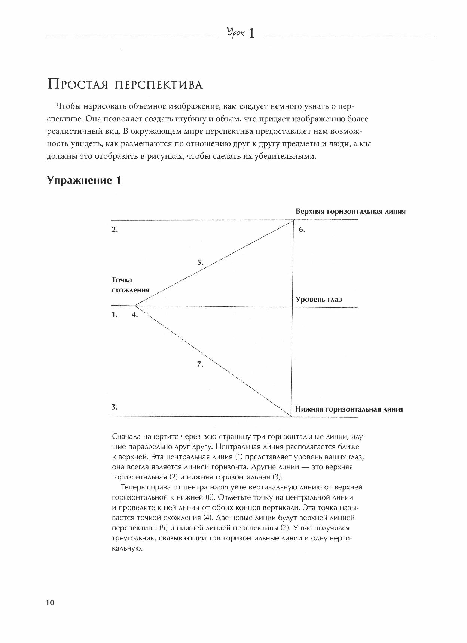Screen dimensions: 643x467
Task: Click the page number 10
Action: [x=50, y=603]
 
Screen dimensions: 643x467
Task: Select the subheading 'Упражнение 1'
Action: [x=84, y=181]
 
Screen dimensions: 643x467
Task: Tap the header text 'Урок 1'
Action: [x=241, y=34]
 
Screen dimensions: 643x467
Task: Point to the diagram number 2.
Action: [x=115, y=230]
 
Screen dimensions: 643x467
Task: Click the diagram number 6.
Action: [x=302, y=230]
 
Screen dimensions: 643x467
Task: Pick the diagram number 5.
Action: [x=200, y=263]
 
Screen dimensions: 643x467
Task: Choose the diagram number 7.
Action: [x=200, y=364]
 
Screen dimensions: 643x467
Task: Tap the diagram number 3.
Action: [x=115, y=407]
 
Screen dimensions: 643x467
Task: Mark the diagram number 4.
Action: [x=135, y=315]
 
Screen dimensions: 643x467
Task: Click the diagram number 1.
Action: [x=115, y=315]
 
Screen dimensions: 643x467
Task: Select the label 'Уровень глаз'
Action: [x=318, y=300]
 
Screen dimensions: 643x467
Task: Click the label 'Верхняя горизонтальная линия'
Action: [x=351, y=211]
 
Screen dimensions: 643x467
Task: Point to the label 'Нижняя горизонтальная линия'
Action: [x=349, y=409]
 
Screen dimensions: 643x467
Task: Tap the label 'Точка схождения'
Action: [x=130, y=285]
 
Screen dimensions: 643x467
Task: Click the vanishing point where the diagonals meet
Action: [x=135, y=306]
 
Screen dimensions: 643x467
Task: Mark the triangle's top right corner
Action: [x=294, y=220]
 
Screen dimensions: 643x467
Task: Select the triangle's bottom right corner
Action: [x=292, y=416]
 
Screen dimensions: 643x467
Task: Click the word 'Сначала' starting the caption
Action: [x=126, y=437]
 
